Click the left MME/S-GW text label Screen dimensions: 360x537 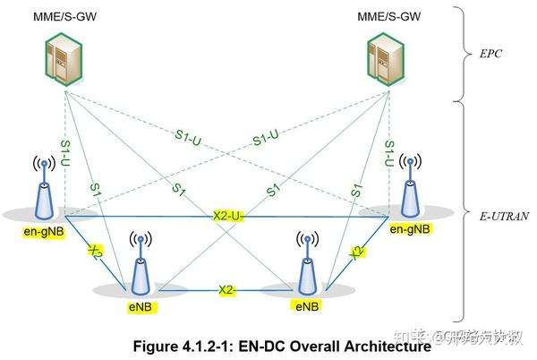pyautogui.click(x=65, y=17)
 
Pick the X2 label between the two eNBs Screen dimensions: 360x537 pyautogui.click(x=226, y=290)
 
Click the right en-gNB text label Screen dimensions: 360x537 pyautogui.click(x=410, y=229)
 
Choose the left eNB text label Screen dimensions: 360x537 pyautogui.click(x=140, y=306)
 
